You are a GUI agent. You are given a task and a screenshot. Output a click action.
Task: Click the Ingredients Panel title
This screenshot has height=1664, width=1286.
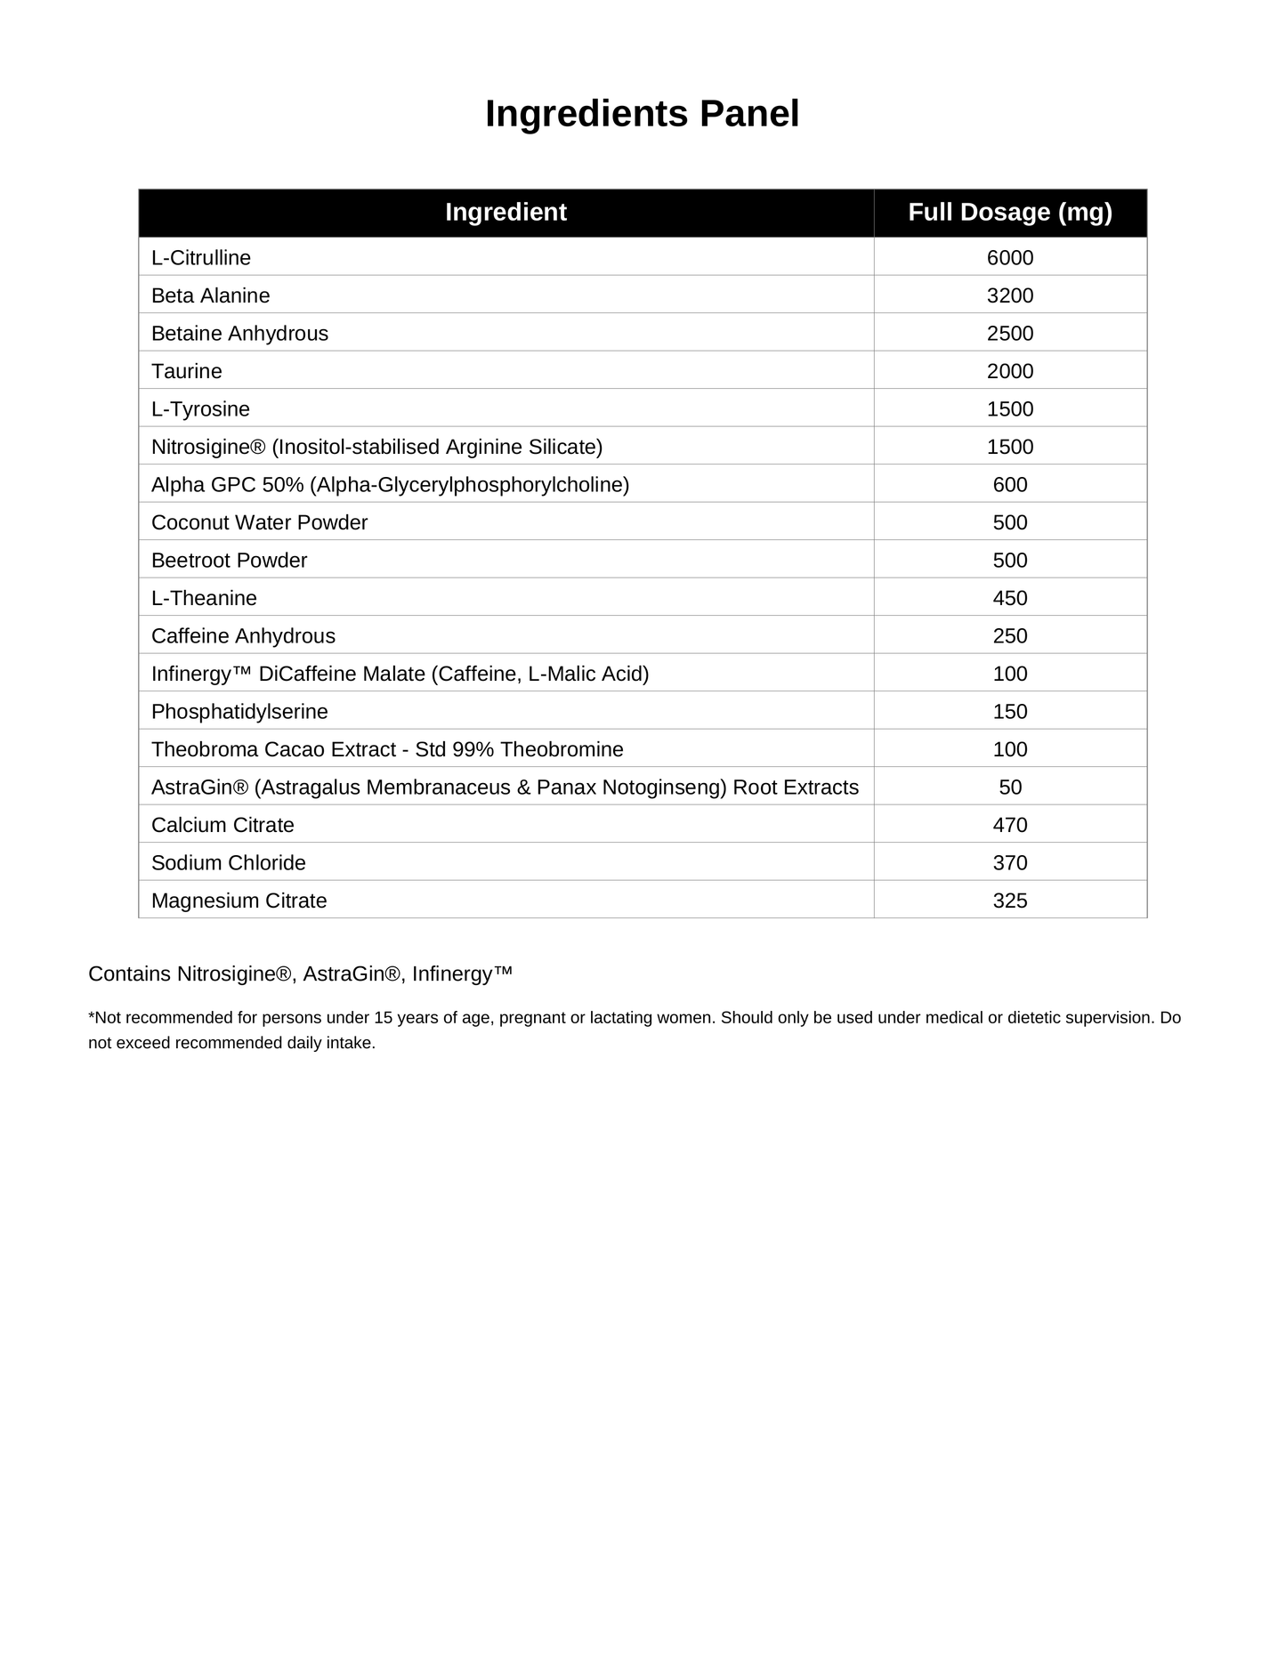[642, 114]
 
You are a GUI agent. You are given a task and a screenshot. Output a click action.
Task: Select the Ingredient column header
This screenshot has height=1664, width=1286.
[506, 212]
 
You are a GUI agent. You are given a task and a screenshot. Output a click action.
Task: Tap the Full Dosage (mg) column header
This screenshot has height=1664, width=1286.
[1009, 212]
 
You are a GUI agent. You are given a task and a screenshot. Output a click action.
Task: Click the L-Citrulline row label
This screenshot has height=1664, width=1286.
[201, 258]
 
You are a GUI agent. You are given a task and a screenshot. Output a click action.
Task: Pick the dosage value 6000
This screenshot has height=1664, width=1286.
[1009, 258]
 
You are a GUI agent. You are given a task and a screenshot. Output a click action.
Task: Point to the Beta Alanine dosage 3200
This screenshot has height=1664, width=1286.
[1009, 295]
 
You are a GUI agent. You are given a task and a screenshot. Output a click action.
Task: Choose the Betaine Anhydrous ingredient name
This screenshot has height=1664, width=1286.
[239, 334]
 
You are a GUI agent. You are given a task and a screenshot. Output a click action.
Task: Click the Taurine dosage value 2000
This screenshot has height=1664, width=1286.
[1009, 371]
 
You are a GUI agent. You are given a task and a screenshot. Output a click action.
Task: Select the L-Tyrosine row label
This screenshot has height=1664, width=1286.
[200, 409]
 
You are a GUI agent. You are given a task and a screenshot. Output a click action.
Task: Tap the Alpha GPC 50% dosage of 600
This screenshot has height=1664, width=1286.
[1009, 485]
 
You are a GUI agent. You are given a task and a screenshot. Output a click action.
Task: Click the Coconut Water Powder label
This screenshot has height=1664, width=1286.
[259, 522]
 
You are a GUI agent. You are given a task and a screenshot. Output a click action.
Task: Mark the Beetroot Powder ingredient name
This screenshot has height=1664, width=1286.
[229, 561]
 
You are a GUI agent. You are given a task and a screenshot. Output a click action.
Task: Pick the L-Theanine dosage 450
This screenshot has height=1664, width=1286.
[1009, 598]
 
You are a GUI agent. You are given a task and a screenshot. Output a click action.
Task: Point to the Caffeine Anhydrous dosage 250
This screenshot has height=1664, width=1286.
[1009, 636]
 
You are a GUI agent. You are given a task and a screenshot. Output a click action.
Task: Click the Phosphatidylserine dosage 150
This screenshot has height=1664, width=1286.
[1009, 712]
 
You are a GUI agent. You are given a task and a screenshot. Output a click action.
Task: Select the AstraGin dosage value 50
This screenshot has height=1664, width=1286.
[1009, 788]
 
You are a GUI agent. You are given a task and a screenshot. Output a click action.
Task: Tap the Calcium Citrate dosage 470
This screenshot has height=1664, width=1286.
[1009, 825]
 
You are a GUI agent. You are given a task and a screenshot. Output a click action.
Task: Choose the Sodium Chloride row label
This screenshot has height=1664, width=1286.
[228, 863]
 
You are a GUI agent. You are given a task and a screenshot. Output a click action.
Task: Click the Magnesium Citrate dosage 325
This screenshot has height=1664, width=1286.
[1009, 901]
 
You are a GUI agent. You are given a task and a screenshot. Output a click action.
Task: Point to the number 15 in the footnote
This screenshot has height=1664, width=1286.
[383, 1018]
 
